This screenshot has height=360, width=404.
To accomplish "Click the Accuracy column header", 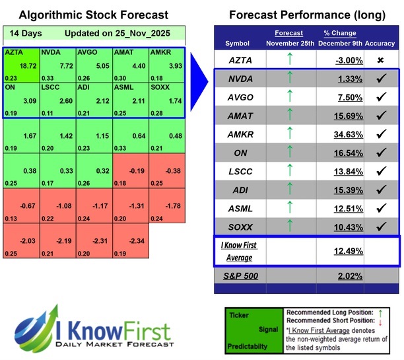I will (x=380, y=43).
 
